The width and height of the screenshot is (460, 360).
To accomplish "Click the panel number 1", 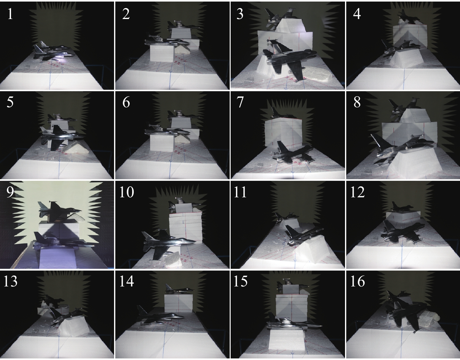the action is point(10,14).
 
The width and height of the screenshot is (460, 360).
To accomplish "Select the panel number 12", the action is point(357,192).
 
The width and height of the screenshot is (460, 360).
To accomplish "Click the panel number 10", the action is point(127,192).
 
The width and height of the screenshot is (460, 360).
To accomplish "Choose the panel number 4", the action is point(357,14).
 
